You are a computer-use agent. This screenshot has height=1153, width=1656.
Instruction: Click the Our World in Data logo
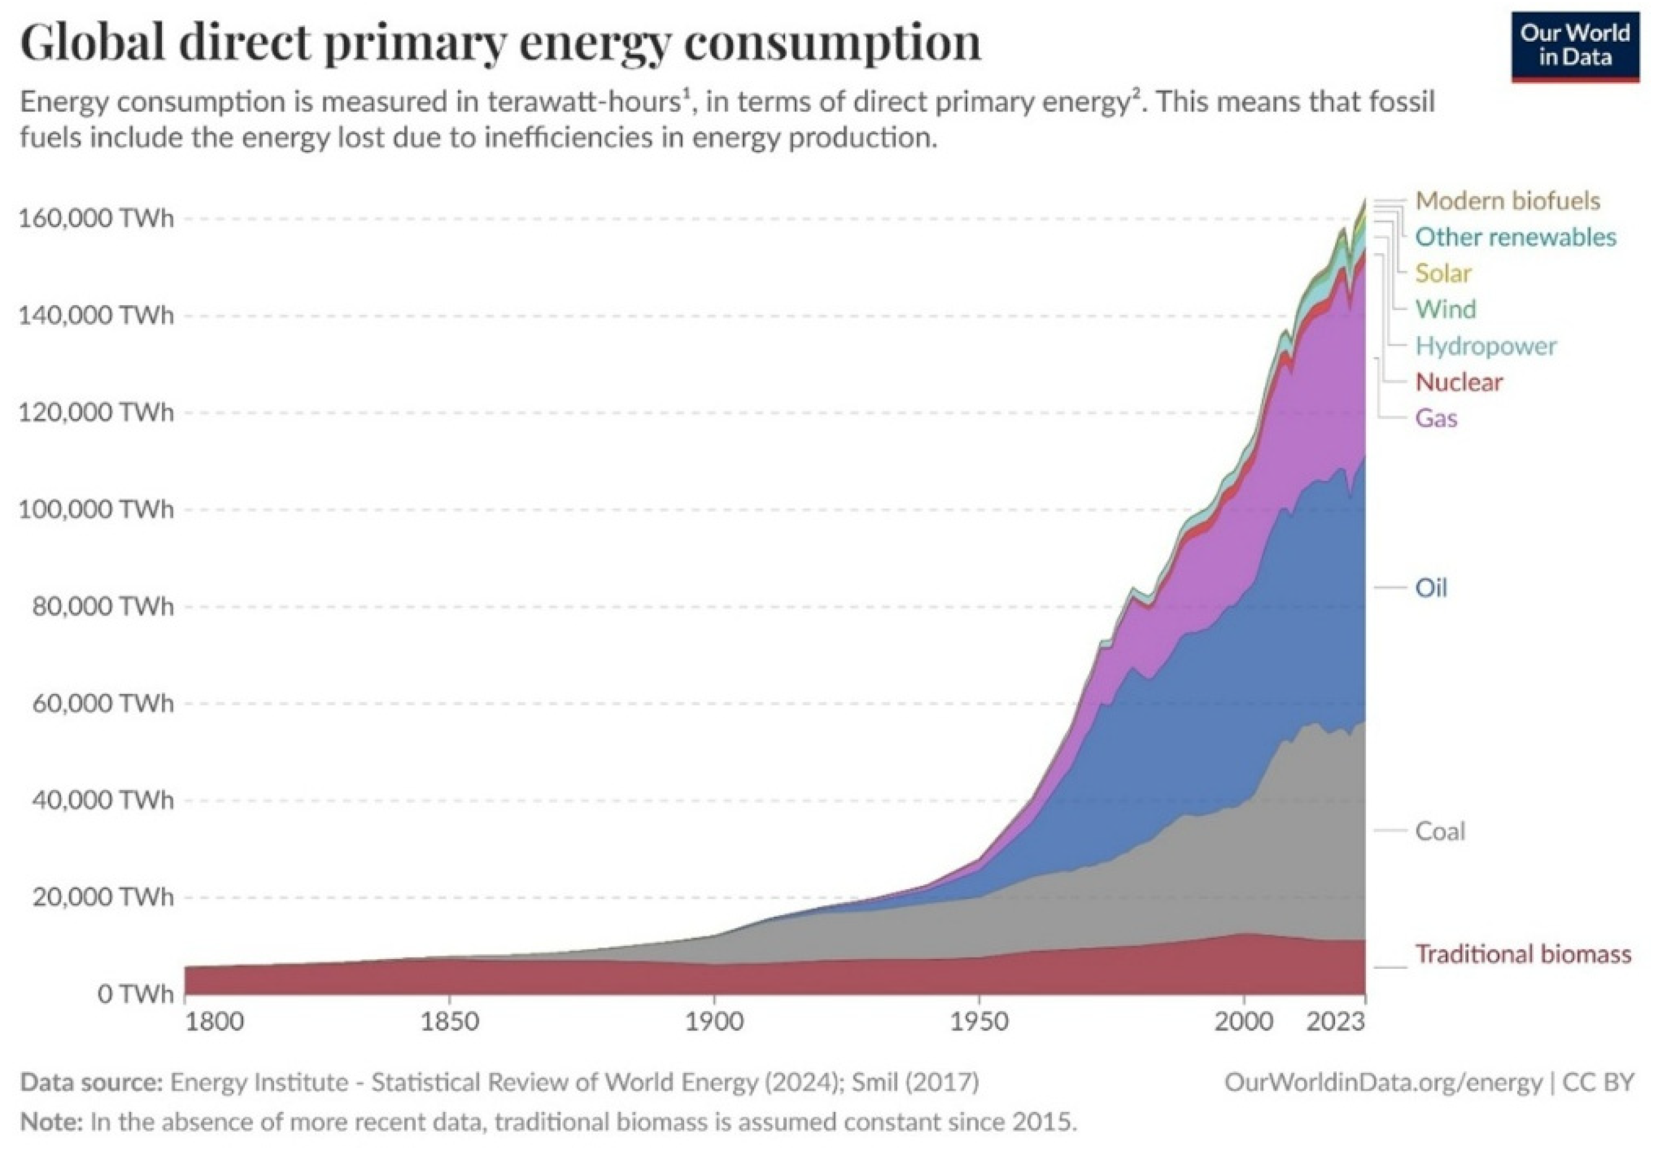pyautogui.click(x=1575, y=45)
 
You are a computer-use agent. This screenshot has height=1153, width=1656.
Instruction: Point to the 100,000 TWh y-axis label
pyautogui.click(x=96, y=509)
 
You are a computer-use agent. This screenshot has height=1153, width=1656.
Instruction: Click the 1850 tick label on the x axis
pyautogui.click(x=450, y=1023)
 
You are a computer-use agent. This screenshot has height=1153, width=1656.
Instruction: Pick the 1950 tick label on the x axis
pyautogui.click(x=978, y=1023)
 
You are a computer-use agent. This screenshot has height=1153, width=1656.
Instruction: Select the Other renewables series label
pyautogui.click(x=1516, y=237)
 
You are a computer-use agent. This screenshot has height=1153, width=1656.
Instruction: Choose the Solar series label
pyautogui.click(x=1442, y=273)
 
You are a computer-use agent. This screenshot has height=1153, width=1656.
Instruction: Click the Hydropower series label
pyautogui.click(x=1486, y=346)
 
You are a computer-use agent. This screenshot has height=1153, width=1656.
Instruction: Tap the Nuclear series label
pyautogui.click(x=1459, y=382)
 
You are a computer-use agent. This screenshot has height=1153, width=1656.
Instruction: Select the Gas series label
pyautogui.click(x=1436, y=418)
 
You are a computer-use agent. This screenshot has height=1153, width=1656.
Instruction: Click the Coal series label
pyautogui.click(x=1439, y=832)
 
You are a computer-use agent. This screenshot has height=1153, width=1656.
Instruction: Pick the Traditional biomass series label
pyautogui.click(x=1522, y=954)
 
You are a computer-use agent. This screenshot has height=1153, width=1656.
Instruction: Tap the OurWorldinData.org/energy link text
pyautogui.click(x=1382, y=1083)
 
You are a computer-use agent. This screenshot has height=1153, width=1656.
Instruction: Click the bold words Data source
pyautogui.click(x=91, y=1083)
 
